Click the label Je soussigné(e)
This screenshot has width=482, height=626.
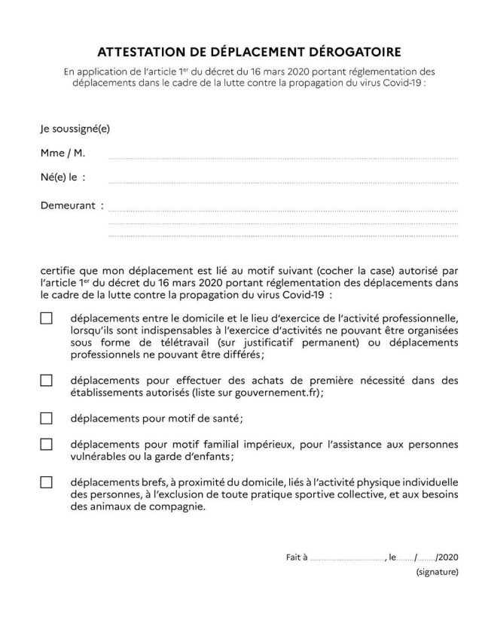click(75, 129)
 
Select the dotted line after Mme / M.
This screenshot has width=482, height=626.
click(282, 158)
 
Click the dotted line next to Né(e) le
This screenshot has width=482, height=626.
click(282, 181)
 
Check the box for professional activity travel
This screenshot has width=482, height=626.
click(46, 318)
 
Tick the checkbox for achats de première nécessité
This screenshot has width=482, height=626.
click(46, 381)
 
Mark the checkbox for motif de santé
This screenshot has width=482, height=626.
click(46, 418)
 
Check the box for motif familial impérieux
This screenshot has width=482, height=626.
click(46, 444)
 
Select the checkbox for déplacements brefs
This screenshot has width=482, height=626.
click(46, 482)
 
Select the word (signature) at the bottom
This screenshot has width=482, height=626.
click(437, 573)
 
